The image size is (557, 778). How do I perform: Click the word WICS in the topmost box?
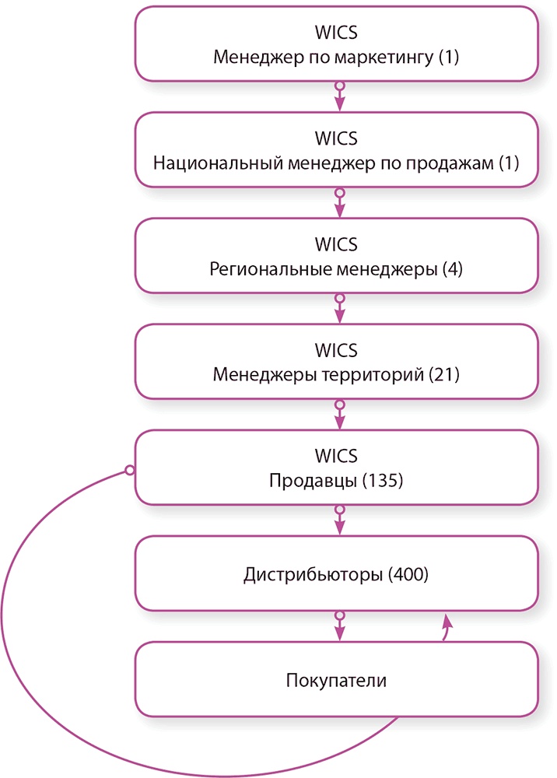tap(336, 33)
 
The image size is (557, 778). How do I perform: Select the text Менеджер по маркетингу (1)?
tap(336, 58)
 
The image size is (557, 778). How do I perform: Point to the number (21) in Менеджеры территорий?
tap(444, 375)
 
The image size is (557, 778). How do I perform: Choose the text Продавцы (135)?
tap(336, 481)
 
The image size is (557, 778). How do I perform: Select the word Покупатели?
tap(336, 681)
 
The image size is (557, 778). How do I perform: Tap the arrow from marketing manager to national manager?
tap(338, 97)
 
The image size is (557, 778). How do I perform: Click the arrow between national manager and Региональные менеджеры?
tap(338, 203)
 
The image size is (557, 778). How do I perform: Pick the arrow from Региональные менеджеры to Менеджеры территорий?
tap(338, 309)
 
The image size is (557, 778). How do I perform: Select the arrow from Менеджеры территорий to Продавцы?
tap(338, 415)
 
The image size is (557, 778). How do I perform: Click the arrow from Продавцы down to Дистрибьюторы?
tap(338, 520)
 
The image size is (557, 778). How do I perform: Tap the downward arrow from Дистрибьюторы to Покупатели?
tap(338, 626)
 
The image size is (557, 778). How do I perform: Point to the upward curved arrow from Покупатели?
tap(447, 627)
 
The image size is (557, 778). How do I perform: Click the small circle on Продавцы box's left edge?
tap(129, 471)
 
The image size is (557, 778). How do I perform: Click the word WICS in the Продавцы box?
tap(336, 456)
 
